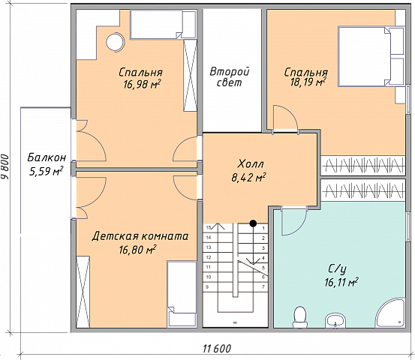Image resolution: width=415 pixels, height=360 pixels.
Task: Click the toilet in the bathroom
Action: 300,317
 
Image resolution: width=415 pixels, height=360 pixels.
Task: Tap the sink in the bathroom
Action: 335,321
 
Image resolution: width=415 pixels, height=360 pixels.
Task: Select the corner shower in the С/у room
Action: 391,313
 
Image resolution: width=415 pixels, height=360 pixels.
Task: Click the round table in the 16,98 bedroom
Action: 115,42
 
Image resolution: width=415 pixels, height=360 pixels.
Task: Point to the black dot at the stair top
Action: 254,223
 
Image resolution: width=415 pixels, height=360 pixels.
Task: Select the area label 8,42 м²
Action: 249,178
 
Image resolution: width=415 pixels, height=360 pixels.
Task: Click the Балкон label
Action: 47,157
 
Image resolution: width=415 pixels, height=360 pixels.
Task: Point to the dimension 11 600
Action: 217,349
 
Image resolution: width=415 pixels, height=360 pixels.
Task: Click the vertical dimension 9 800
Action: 5,167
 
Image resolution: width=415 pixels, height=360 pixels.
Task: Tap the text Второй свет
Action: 230,76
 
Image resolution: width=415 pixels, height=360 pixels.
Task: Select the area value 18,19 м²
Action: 308,82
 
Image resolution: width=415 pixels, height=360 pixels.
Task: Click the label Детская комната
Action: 140,236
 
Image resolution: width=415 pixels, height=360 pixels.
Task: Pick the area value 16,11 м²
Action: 341,283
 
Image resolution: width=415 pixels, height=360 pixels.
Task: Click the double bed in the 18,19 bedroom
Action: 371,56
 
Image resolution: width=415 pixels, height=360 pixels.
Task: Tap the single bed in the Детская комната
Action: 182,293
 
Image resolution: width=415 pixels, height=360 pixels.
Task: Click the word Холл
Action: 251,164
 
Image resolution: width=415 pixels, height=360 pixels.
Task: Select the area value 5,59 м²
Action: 46,172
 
